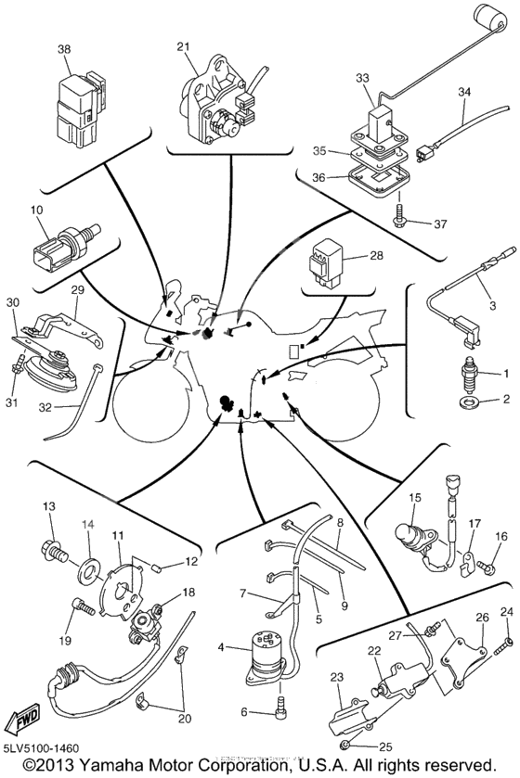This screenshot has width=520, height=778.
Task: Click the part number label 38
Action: click(64, 50)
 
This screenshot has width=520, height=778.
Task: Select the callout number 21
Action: click(183, 45)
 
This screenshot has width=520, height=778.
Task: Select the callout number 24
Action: click(506, 611)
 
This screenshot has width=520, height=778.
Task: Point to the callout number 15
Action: click(415, 497)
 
